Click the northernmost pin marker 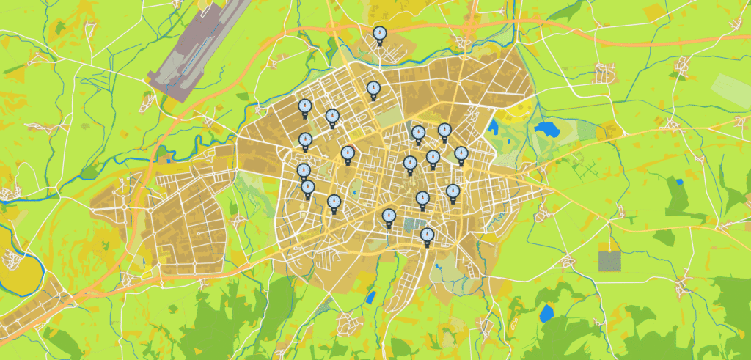click(x=379, y=33)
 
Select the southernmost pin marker click(x=427, y=235)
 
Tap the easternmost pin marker click(x=461, y=153)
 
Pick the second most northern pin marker click(x=373, y=89)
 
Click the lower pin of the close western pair click(x=308, y=188)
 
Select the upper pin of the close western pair click(x=304, y=171)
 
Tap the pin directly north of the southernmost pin click(x=422, y=198)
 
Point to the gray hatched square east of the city click(x=609, y=261)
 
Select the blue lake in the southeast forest click(x=546, y=315)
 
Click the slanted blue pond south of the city click(x=371, y=298)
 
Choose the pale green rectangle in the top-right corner click(x=730, y=91)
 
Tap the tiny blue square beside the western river click(x=170, y=158)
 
